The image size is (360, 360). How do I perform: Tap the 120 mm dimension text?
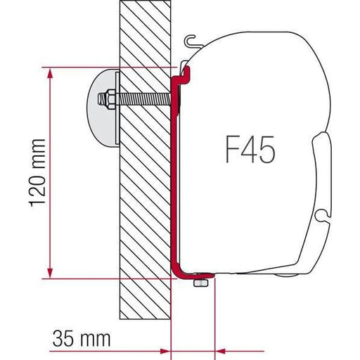point(39,173)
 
